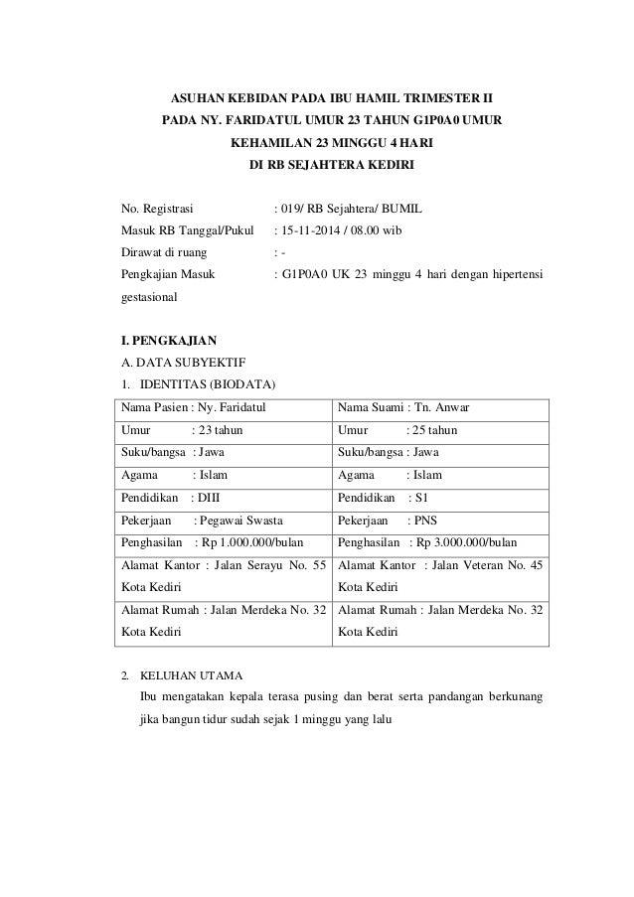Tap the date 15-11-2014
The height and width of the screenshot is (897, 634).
point(311,231)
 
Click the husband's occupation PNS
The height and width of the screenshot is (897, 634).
point(423,519)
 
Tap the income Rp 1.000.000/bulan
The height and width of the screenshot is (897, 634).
point(252,541)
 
